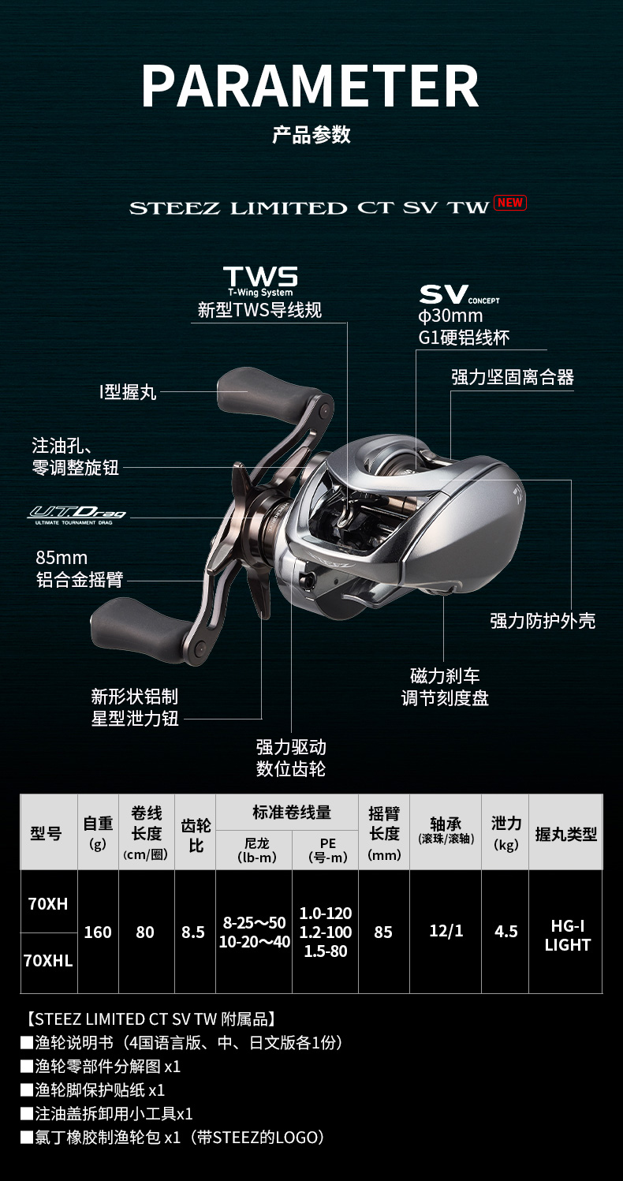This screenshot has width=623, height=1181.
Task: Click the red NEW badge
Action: pos(509,203)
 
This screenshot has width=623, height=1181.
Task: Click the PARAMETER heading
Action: pos(311,87)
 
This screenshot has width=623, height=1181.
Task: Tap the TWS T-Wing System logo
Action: pos(260,282)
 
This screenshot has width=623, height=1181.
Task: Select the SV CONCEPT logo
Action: pos(459,295)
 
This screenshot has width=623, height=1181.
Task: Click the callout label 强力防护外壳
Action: pos(543,621)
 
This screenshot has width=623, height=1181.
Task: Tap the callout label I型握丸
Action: pos(128,392)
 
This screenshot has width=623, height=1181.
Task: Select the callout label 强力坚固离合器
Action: pos(513,377)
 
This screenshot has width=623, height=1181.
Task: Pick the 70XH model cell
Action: pos(48,903)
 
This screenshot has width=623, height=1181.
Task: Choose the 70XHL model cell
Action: pos(48,961)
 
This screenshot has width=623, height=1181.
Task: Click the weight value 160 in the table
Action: pos(98,932)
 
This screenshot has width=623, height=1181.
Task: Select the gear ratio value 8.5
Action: pos(193,932)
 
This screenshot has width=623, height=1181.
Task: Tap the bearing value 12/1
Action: pos(446,931)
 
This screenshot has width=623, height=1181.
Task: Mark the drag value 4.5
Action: pos(506,932)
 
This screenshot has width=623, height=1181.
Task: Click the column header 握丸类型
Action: pos(566,834)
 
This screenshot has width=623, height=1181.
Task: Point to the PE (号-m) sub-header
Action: pos(328,850)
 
